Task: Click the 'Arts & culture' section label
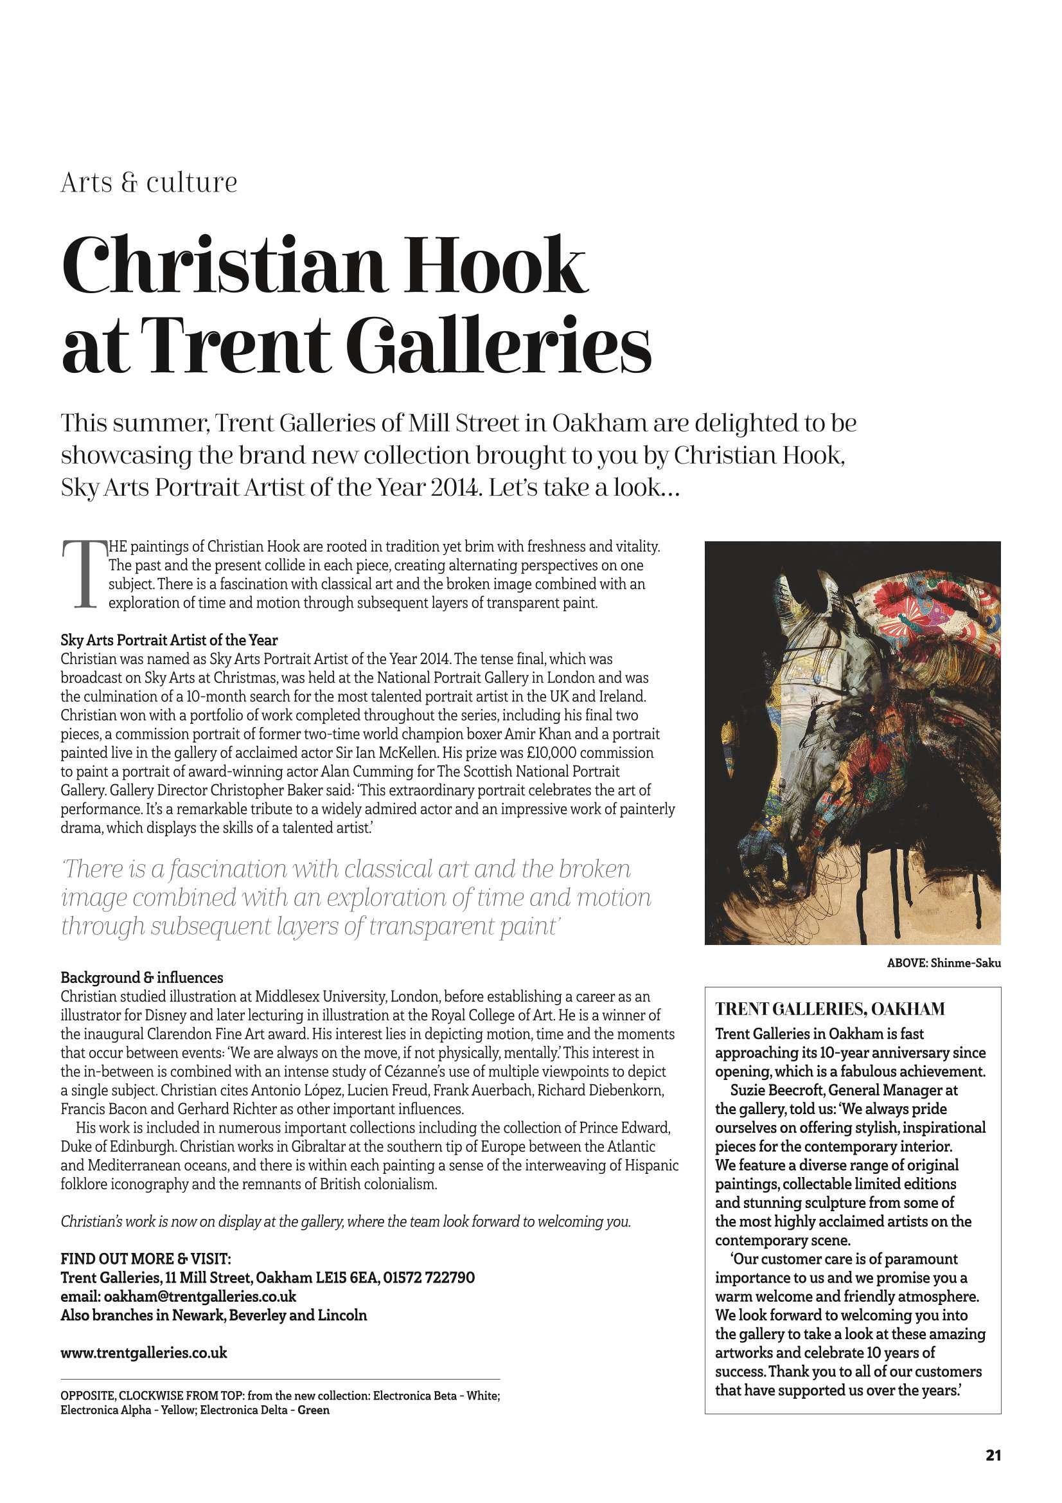coord(148,183)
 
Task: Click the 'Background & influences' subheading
coord(142,977)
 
